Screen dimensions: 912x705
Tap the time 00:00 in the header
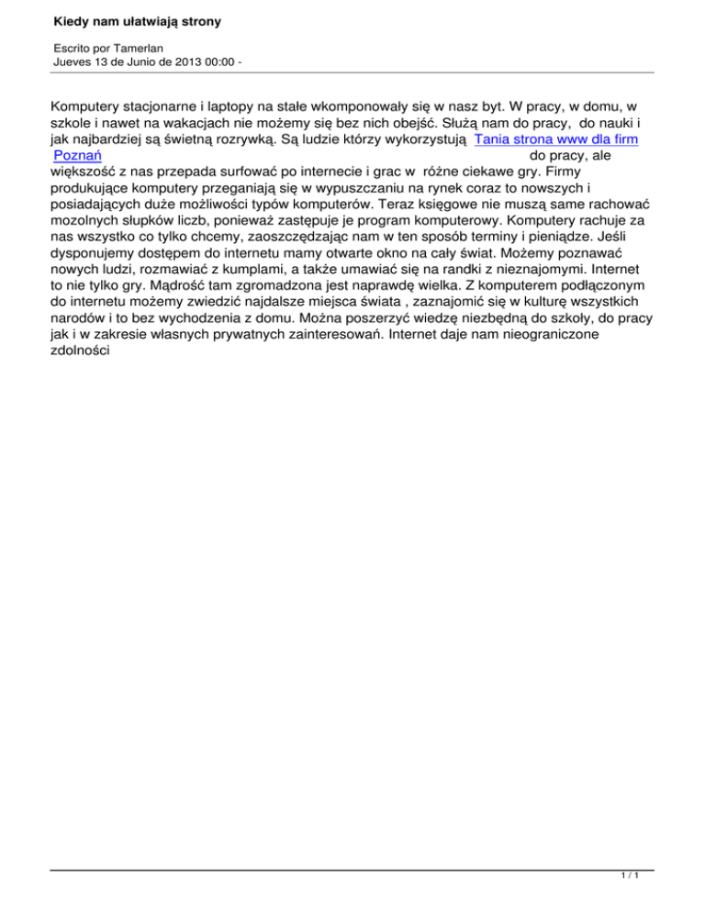pyautogui.click(x=209, y=61)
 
